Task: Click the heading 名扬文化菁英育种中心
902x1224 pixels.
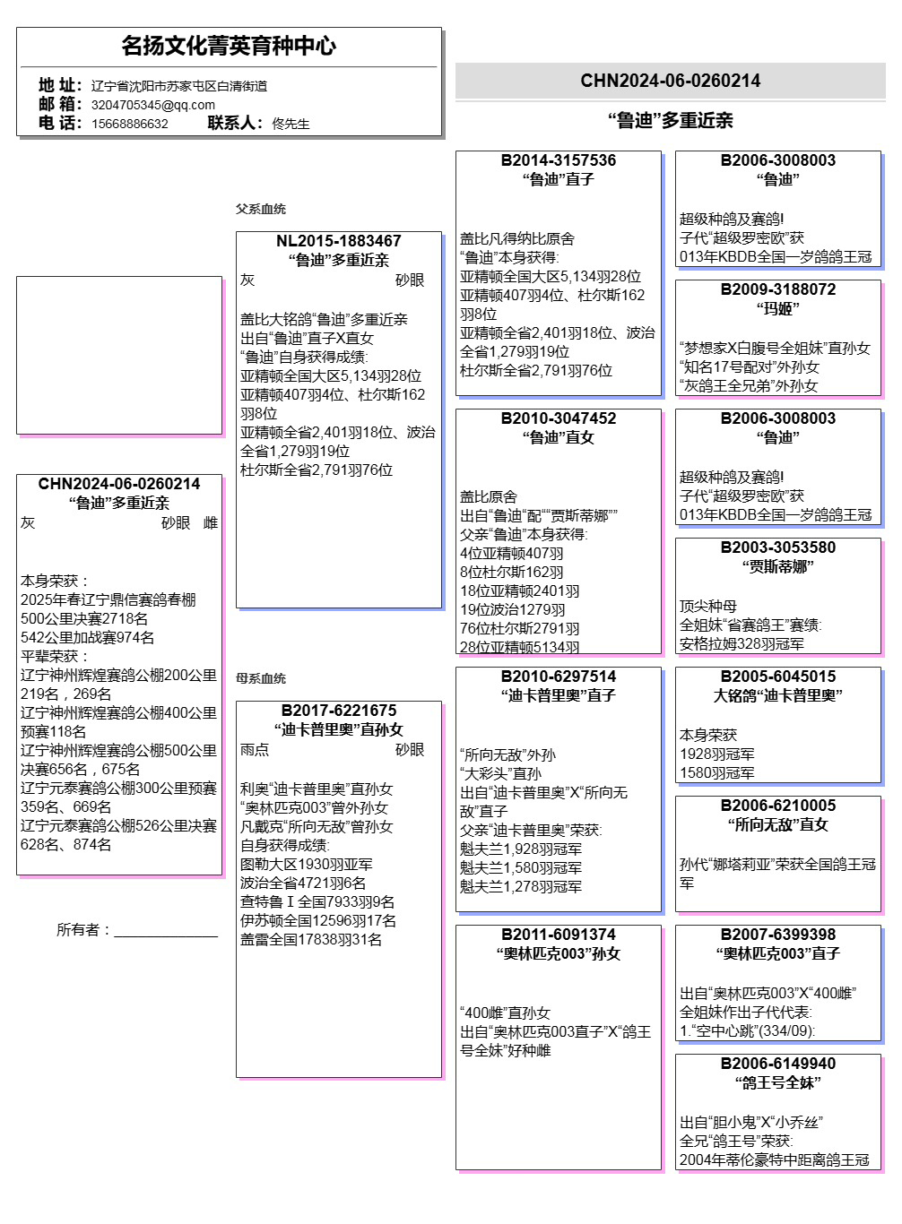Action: point(229,46)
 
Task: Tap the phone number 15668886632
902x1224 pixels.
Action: point(130,124)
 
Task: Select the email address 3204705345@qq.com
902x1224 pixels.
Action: point(153,105)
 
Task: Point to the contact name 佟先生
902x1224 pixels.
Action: point(291,124)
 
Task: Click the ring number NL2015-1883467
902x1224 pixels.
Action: point(339,241)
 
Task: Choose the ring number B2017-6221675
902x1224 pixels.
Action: point(339,711)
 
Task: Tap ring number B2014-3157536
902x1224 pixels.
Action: point(559,160)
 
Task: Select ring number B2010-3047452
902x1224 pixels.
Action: point(559,418)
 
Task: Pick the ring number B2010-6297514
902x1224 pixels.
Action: point(559,677)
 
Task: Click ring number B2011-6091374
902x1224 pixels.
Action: point(559,935)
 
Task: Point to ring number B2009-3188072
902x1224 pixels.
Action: point(778,289)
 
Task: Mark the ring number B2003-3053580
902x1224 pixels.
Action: point(778,547)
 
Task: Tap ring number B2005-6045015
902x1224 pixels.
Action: point(778,677)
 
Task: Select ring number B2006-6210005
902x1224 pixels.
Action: point(778,806)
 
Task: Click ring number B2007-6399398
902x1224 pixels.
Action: point(778,935)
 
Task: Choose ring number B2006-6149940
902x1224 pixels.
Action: point(778,1064)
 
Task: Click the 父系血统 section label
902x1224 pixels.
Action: point(261,209)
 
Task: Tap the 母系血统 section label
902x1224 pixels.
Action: point(261,678)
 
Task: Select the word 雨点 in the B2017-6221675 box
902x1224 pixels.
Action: point(255,750)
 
